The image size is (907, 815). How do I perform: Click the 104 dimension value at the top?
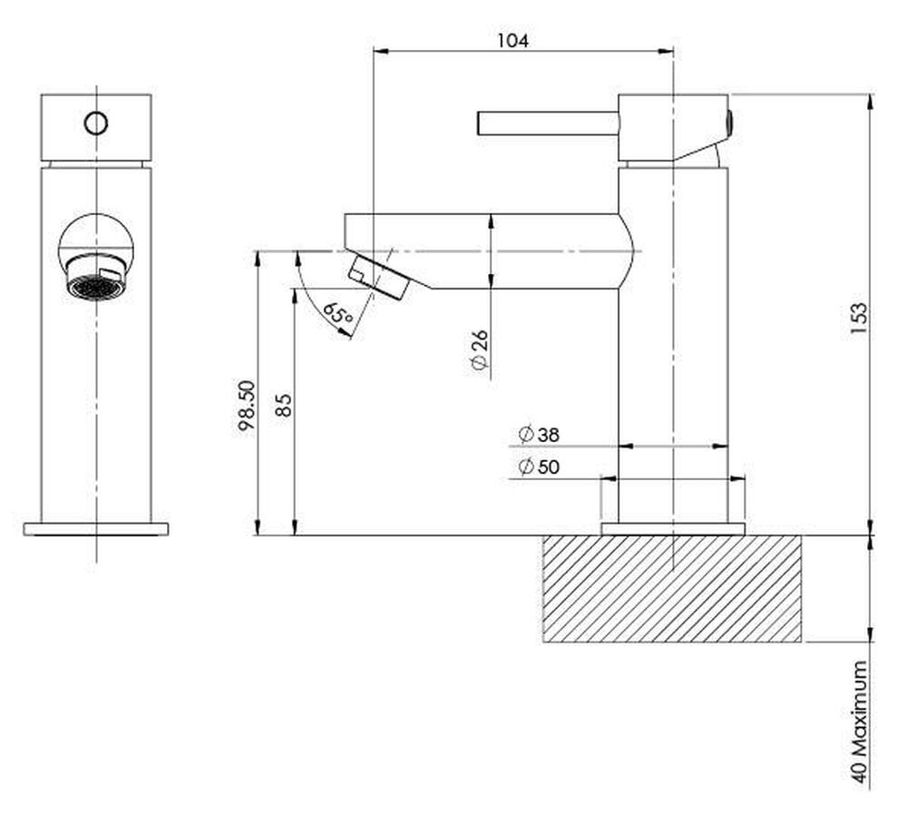512,40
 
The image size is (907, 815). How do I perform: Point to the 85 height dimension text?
283,405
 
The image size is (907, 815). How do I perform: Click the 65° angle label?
336,316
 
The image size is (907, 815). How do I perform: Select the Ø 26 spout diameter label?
480,352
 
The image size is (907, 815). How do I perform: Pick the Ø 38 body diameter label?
539,435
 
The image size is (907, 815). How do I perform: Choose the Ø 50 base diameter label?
539,467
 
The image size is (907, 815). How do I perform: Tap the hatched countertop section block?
671,589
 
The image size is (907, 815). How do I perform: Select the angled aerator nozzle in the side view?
379,276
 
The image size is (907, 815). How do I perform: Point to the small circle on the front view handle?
95,123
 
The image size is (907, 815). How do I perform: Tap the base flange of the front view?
96,529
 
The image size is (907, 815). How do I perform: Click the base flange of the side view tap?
672,529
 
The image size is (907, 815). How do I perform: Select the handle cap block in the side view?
672,127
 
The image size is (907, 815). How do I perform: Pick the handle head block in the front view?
96,127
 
